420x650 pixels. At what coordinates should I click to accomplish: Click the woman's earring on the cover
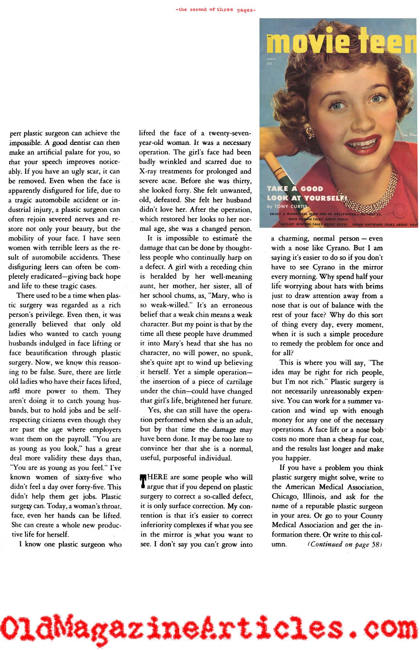(310, 133)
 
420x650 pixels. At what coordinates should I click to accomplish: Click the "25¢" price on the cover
(271, 64)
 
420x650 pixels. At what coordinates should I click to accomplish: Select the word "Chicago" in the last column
(285, 496)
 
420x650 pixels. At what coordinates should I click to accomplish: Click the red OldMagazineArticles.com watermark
(210, 627)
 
